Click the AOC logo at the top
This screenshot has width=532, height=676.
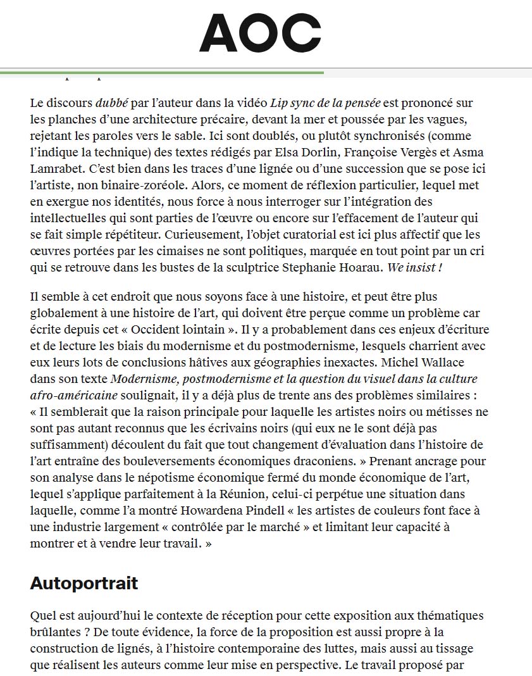(x=260, y=33)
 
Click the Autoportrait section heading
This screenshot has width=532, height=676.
(x=84, y=583)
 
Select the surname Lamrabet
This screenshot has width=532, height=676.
(x=57, y=169)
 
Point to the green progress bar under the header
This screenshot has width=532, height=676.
(x=162, y=73)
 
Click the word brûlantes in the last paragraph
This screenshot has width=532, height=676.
(x=56, y=631)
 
